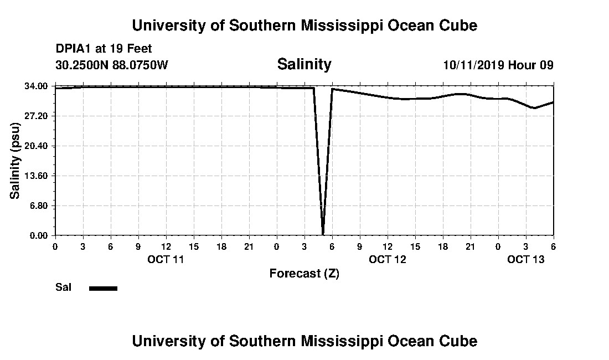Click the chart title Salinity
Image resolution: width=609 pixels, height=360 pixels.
304,64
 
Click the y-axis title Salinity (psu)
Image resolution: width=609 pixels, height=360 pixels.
16,161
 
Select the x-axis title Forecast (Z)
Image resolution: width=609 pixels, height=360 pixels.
304,273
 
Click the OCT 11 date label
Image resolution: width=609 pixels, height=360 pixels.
166,259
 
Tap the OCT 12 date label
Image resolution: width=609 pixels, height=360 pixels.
388,259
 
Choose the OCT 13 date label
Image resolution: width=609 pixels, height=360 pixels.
526,259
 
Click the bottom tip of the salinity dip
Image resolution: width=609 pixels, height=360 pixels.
323,234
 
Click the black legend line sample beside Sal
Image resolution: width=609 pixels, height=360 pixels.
103,288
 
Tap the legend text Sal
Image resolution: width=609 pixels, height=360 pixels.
63,287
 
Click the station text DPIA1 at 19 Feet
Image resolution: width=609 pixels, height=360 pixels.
104,49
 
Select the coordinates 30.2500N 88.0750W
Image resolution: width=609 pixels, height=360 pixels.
112,65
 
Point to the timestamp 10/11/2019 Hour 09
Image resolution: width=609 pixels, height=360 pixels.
498,65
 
